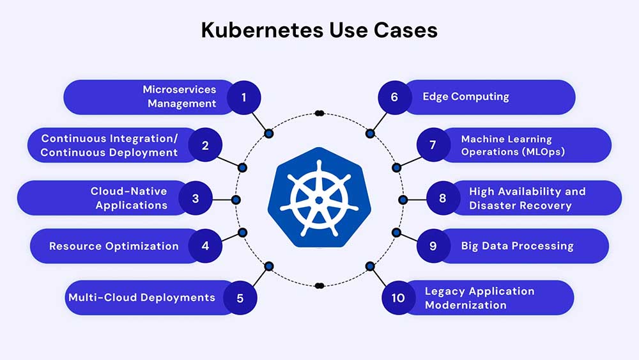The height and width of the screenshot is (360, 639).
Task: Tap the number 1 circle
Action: click(243, 97)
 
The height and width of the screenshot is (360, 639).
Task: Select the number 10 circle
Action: click(399, 298)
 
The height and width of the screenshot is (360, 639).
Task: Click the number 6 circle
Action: click(394, 97)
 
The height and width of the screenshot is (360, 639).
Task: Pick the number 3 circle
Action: click(195, 198)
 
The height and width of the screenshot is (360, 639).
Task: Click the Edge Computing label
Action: click(466, 97)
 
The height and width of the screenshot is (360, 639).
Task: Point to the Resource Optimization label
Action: click(114, 246)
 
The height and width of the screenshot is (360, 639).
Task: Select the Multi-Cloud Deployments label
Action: click(141, 297)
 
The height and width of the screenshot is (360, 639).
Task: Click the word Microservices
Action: click(180, 90)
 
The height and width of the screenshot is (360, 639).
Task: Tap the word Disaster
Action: click(493, 205)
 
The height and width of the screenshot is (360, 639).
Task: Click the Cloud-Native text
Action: click(128, 191)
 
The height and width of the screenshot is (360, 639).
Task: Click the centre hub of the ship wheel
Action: click(318, 200)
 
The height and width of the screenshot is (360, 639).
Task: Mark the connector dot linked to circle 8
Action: click(403, 200)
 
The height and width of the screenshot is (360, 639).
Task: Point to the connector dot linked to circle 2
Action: click(242, 168)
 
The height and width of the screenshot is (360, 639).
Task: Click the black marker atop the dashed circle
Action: click(319, 113)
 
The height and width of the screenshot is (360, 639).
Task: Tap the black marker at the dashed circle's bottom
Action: click(319, 285)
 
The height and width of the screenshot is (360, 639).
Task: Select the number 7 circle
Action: click(433, 145)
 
